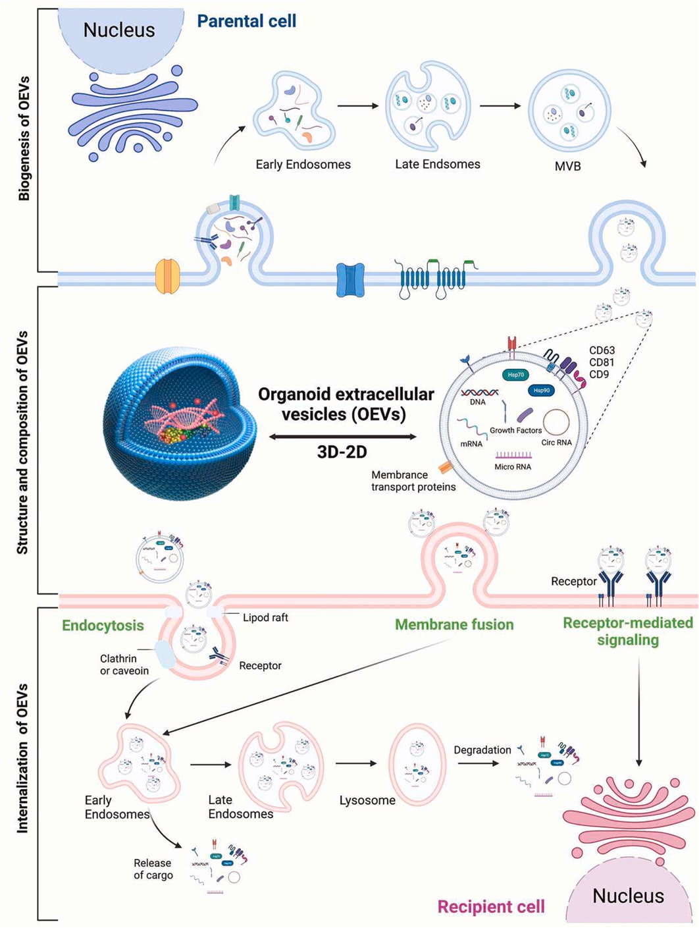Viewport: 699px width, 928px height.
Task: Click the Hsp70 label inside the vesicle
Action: [x=515, y=375]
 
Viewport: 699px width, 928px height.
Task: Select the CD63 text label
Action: [x=602, y=350]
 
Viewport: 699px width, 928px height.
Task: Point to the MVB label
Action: [x=567, y=167]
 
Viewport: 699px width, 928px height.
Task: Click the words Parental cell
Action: [x=247, y=21]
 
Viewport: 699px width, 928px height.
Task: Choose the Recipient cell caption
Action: [x=491, y=907]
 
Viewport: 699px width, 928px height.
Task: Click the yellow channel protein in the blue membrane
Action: [x=167, y=276]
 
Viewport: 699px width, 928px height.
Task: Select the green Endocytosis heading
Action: [x=103, y=625]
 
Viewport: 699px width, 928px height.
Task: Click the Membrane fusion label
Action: [x=454, y=624]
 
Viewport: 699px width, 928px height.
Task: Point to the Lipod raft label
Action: [x=265, y=618]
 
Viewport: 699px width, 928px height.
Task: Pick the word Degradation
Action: [x=482, y=750]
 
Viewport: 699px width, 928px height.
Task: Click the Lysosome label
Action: [x=367, y=801]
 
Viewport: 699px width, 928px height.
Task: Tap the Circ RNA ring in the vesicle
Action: [x=556, y=422]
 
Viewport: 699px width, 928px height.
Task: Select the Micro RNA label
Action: [x=513, y=466]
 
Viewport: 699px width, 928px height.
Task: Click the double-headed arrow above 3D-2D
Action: [x=343, y=436]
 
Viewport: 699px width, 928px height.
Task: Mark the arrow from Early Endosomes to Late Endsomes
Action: [x=357, y=105]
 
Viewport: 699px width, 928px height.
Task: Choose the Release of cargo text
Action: [x=153, y=869]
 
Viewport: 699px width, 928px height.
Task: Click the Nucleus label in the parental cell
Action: [x=119, y=30]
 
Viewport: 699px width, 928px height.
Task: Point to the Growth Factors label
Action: [x=515, y=430]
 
